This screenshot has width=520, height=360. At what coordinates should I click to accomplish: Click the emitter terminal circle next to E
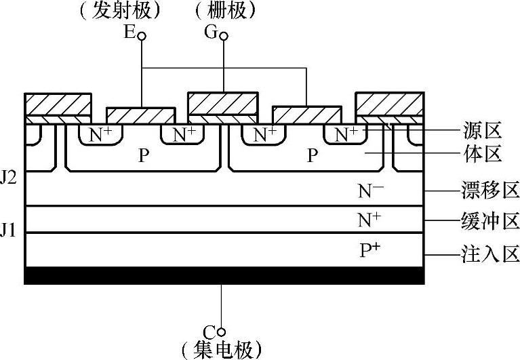pos(142,34)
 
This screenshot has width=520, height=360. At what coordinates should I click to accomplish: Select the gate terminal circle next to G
pos(224,34)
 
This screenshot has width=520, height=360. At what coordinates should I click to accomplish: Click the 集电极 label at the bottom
pos(221,350)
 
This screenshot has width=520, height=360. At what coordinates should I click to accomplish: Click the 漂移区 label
pos(487,191)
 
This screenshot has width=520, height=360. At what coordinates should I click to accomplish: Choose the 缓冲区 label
pos(487,220)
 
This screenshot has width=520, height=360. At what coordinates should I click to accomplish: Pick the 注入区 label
pos(487,255)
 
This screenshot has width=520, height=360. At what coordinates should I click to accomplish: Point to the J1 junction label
pos(8,230)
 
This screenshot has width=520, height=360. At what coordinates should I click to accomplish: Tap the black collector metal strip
pos(224,275)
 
